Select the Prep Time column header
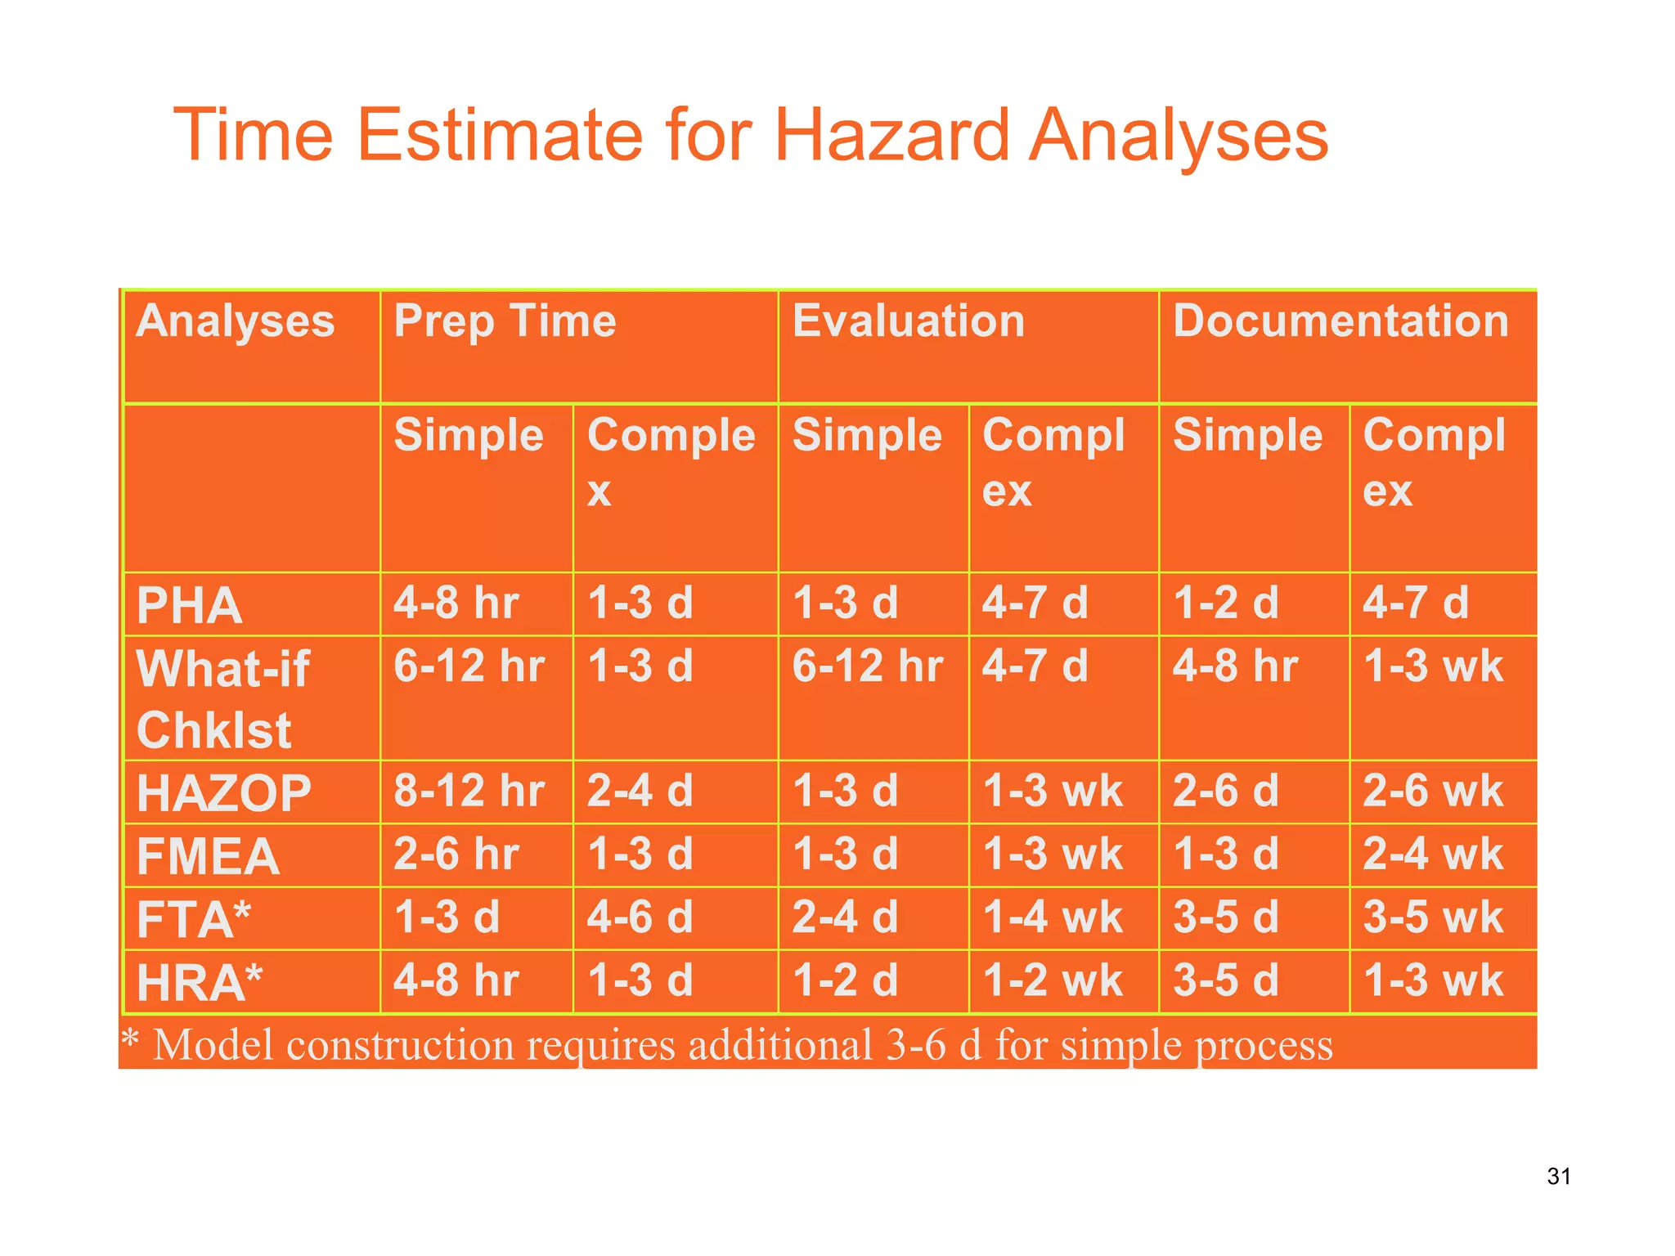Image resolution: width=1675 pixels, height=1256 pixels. pyautogui.click(x=505, y=321)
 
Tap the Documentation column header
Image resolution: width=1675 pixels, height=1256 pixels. pyautogui.click(x=1340, y=321)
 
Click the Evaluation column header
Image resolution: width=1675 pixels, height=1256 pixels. pyautogui.click(x=908, y=321)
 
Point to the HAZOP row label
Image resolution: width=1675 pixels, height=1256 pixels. pyautogui.click(x=224, y=793)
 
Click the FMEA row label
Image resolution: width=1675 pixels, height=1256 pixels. pyautogui.click(x=209, y=856)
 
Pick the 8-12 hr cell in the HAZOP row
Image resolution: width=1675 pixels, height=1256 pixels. pyautogui.click(x=469, y=792)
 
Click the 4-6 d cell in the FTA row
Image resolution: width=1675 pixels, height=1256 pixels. pyautogui.click(x=640, y=917)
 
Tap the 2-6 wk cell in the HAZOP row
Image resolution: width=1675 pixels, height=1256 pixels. pyautogui.click(x=1432, y=792)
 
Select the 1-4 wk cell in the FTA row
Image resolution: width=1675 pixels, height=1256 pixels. pyautogui.click(x=1053, y=917)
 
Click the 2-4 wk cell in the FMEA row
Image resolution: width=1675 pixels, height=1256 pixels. pyautogui.click(x=1432, y=855)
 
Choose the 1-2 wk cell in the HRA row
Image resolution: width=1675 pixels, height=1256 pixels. pyautogui.click(x=1053, y=980)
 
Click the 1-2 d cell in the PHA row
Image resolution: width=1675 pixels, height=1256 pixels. pyautogui.click(x=1225, y=603)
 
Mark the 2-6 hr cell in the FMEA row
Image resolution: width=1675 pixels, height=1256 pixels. pyautogui.click(x=456, y=855)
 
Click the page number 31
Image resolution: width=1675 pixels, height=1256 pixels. pyautogui.click(x=1558, y=1177)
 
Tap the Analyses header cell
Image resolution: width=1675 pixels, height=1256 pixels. pyautogui.click(x=236, y=321)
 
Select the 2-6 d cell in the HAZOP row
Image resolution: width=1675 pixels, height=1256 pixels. pyautogui.click(x=1225, y=792)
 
